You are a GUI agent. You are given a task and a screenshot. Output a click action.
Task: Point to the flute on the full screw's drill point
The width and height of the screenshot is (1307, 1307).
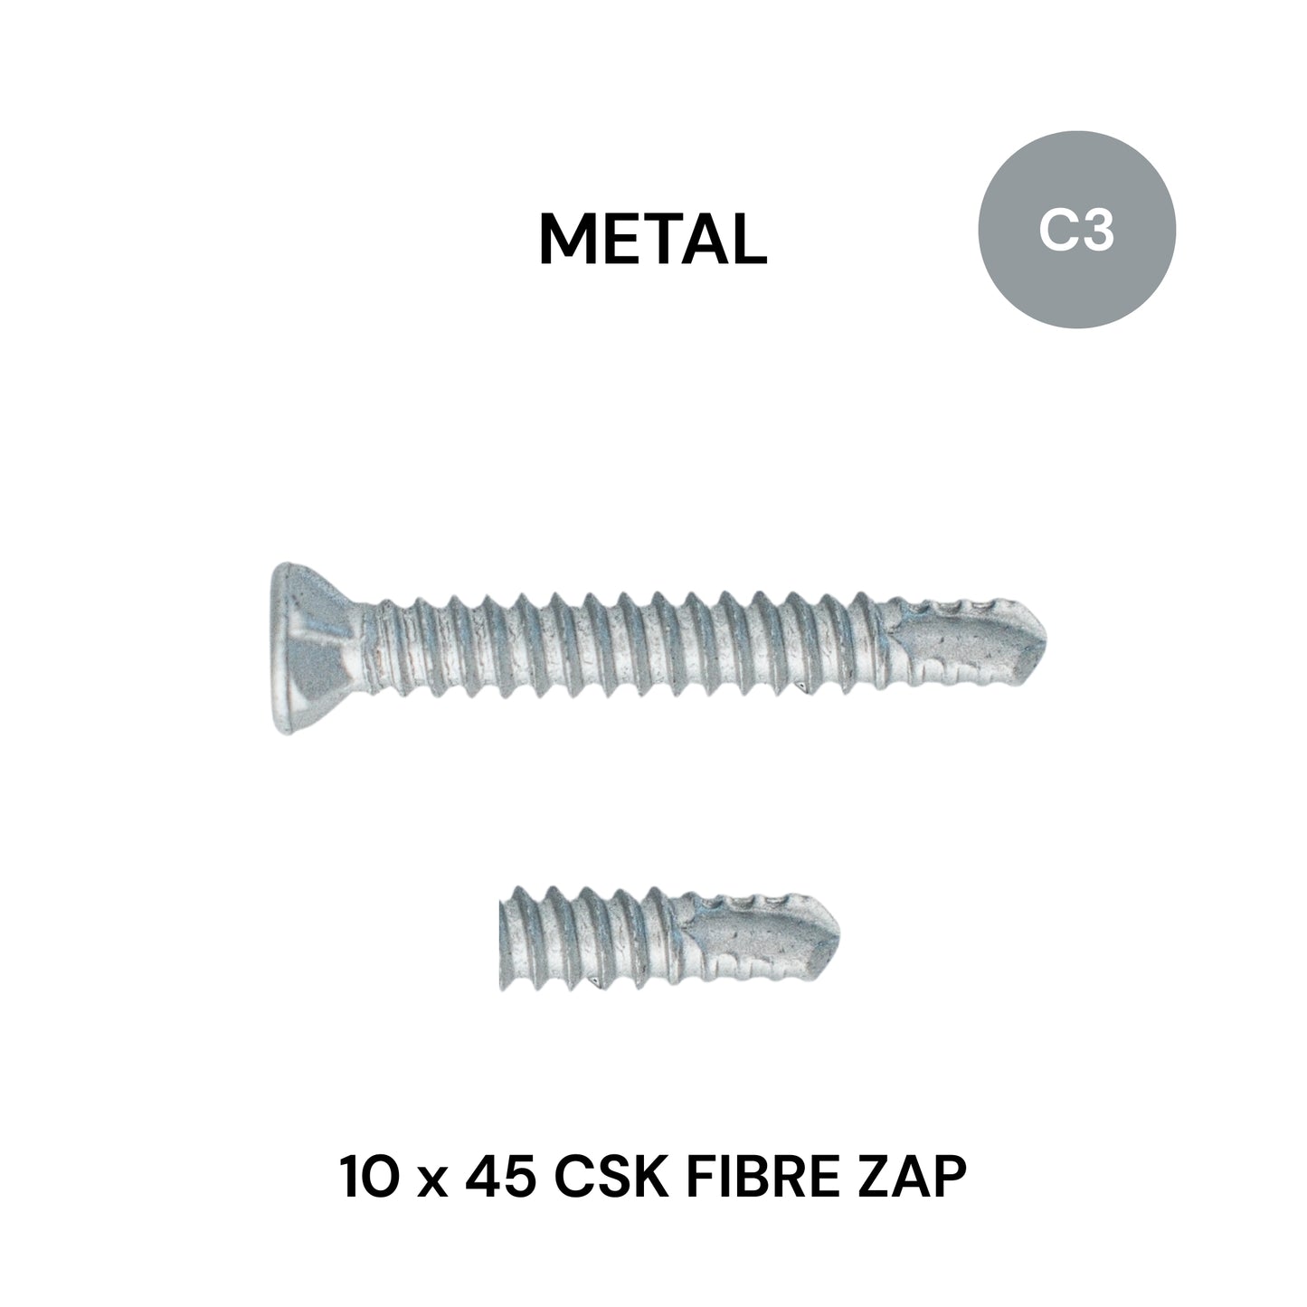pos(959,638)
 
